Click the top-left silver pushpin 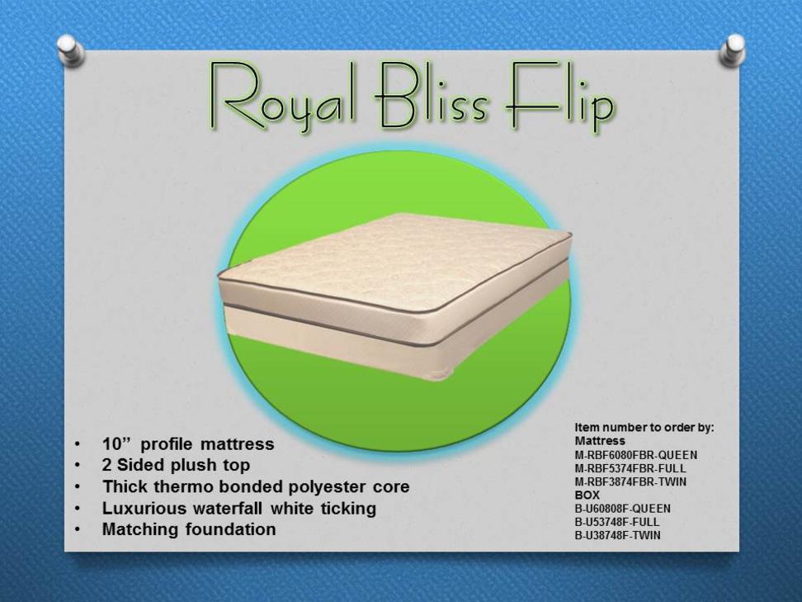click(x=70, y=50)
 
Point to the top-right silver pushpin click(x=733, y=50)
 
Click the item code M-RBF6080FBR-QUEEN click(x=636, y=455)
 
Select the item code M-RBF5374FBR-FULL click(x=630, y=468)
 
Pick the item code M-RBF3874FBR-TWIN click(x=630, y=481)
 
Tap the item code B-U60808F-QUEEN click(x=622, y=509)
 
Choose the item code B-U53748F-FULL click(x=617, y=522)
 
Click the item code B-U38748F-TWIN click(x=617, y=535)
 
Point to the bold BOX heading click(x=587, y=495)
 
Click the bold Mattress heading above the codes click(x=600, y=441)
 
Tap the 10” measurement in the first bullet click(x=116, y=443)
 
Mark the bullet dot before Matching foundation click(x=77, y=529)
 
